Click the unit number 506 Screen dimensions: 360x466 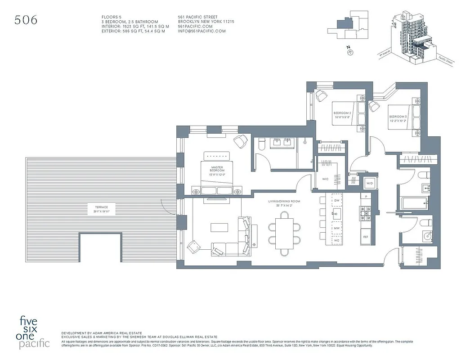point(26,20)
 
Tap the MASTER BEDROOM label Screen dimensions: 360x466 point(217,169)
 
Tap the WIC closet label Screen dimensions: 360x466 point(325,179)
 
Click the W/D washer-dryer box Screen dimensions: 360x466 point(370,183)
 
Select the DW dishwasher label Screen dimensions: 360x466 point(337,200)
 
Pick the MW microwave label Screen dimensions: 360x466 point(337,229)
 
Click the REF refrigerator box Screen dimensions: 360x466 point(366,236)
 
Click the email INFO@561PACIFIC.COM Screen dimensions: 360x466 point(202,31)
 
